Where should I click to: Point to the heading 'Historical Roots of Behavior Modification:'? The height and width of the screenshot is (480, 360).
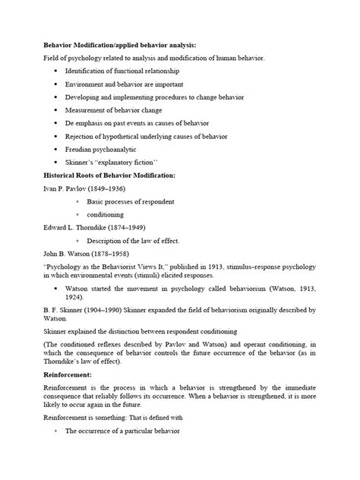click(x=110, y=175)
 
